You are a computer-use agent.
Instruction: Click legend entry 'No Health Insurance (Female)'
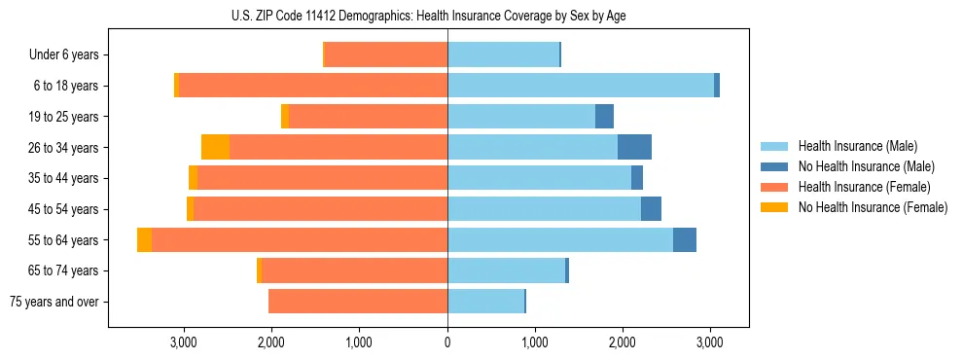click(x=873, y=207)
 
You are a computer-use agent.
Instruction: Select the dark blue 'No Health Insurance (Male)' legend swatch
click(x=774, y=166)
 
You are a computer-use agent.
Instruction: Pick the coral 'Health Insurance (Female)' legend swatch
click(x=774, y=187)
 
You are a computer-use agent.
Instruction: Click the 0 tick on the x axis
click(x=447, y=342)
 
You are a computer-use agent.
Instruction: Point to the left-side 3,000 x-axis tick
click(x=184, y=342)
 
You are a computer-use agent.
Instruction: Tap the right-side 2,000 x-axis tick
click(x=623, y=342)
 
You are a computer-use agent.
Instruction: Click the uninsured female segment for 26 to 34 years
click(x=215, y=147)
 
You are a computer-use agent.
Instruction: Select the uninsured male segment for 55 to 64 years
click(x=684, y=239)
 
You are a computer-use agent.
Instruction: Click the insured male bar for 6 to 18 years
click(x=581, y=86)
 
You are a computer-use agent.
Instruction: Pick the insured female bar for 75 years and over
click(x=358, y=302)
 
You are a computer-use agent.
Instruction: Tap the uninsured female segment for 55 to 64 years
click(x=144, y=239)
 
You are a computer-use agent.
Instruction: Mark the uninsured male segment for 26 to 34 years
click(x=634, y=147)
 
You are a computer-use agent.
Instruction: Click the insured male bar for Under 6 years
click(x=503, y=55)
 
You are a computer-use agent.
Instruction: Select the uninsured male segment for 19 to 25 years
click(x=604, y=117)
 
